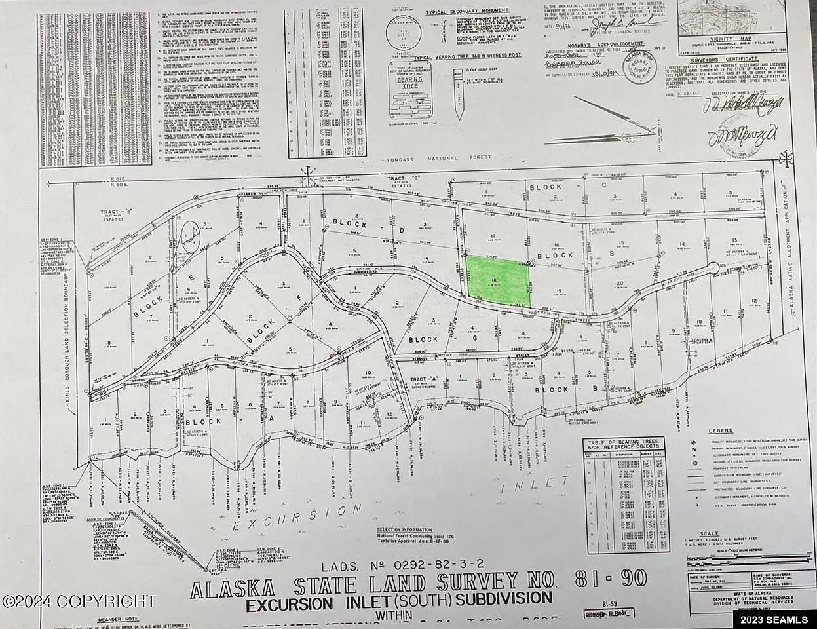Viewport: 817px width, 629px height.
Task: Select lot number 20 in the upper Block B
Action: pos(619,284)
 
